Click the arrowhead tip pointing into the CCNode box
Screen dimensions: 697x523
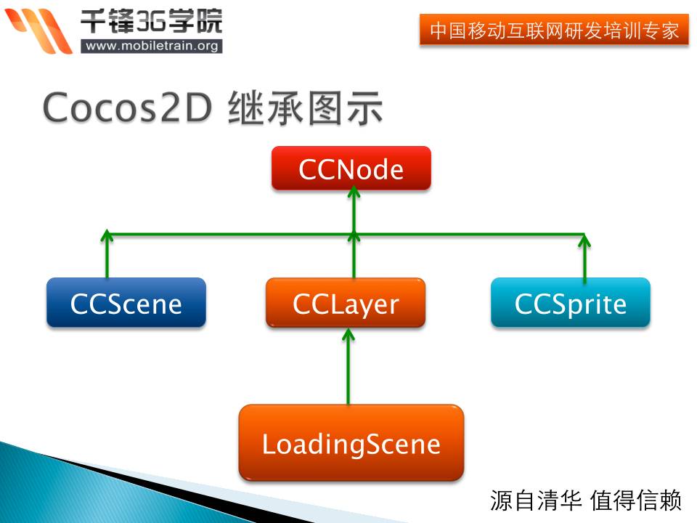tap(354, 187)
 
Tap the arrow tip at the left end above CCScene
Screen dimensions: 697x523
tap(107, 230)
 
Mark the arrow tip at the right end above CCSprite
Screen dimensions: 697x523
tap(584, 235)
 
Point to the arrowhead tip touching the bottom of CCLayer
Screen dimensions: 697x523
tap(348, 329)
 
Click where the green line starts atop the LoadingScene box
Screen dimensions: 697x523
tap(348, 404)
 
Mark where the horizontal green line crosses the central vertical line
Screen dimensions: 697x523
tap(354, 234)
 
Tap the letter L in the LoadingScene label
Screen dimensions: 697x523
tap(268, 444)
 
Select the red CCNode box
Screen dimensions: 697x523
tap(351, 168)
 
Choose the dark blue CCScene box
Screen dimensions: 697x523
tap(126, 302)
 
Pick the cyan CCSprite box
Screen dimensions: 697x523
tap(571, 302)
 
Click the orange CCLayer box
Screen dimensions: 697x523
tap(346, 302)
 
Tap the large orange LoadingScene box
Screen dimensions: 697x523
tap(351, 442)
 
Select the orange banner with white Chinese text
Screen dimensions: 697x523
tap(554, 30)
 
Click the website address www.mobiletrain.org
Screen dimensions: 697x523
tap(152, 46)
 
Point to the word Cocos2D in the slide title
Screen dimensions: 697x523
tap(127, 108)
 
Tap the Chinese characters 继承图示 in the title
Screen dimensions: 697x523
tap(305, 108)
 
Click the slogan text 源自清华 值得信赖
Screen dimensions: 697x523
tap(585, 500)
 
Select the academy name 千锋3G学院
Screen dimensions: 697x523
tap(151, 21)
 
